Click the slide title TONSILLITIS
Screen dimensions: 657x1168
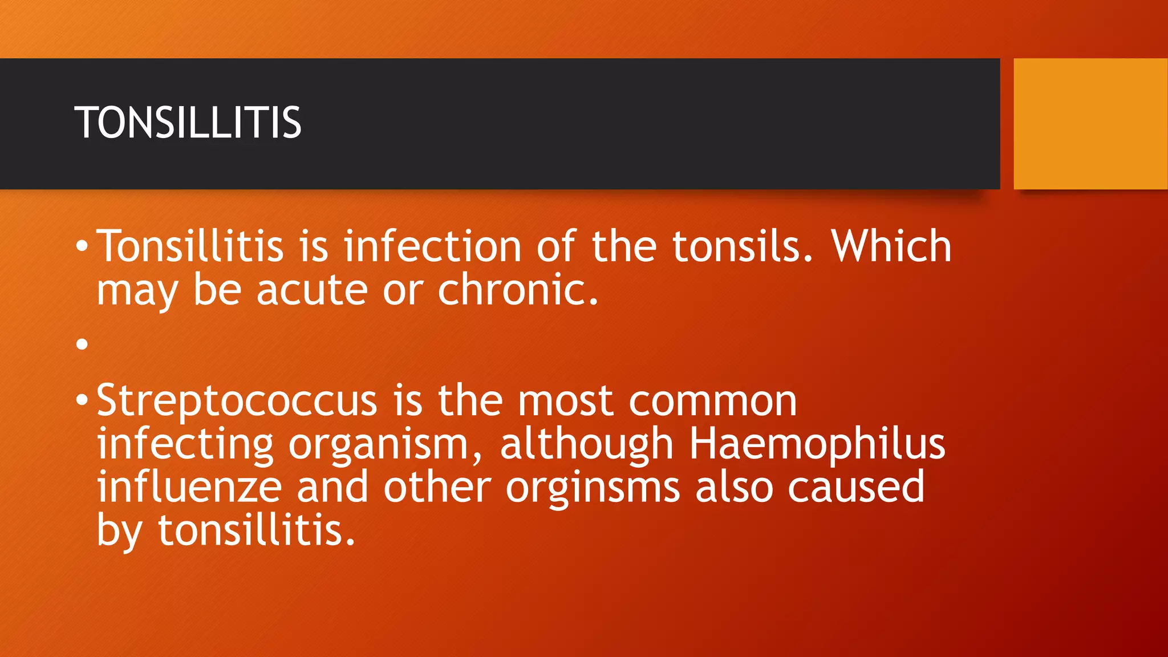coord(188,123)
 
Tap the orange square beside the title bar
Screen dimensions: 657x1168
coord(1090,124)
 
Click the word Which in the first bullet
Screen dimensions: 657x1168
coord(891,246)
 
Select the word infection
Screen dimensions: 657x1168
coord(432,246)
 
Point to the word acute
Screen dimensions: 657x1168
coord(312,290)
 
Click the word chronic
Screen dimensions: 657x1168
coord(518,290)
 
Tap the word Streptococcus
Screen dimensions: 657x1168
coord(237,401)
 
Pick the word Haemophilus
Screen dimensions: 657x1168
coord(817,444)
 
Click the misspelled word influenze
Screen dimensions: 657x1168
coord(189,487)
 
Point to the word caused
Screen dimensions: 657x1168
coord(856,487)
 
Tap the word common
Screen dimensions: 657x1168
coord(713,401)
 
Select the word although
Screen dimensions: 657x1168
coord(587,444)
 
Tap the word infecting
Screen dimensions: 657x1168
coord(185,444)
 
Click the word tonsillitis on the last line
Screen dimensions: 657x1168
coord(256,530)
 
